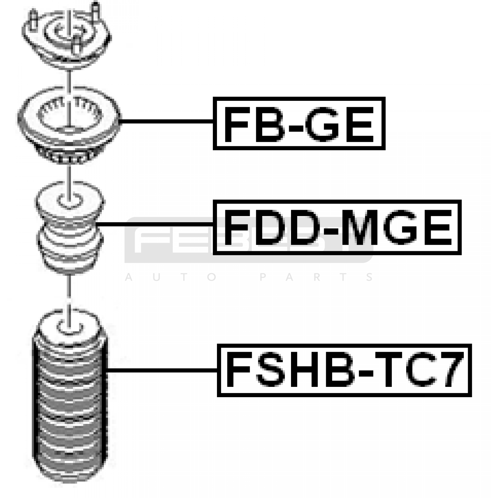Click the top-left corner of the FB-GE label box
[x=214, y=97]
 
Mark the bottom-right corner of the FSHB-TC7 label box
[x=471, y=396]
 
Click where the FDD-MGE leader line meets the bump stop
[x=96, y=224]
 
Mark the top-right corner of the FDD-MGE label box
[x=461, y=201]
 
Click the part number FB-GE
[x=299, y=124]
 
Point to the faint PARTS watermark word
[x=316, y=277]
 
